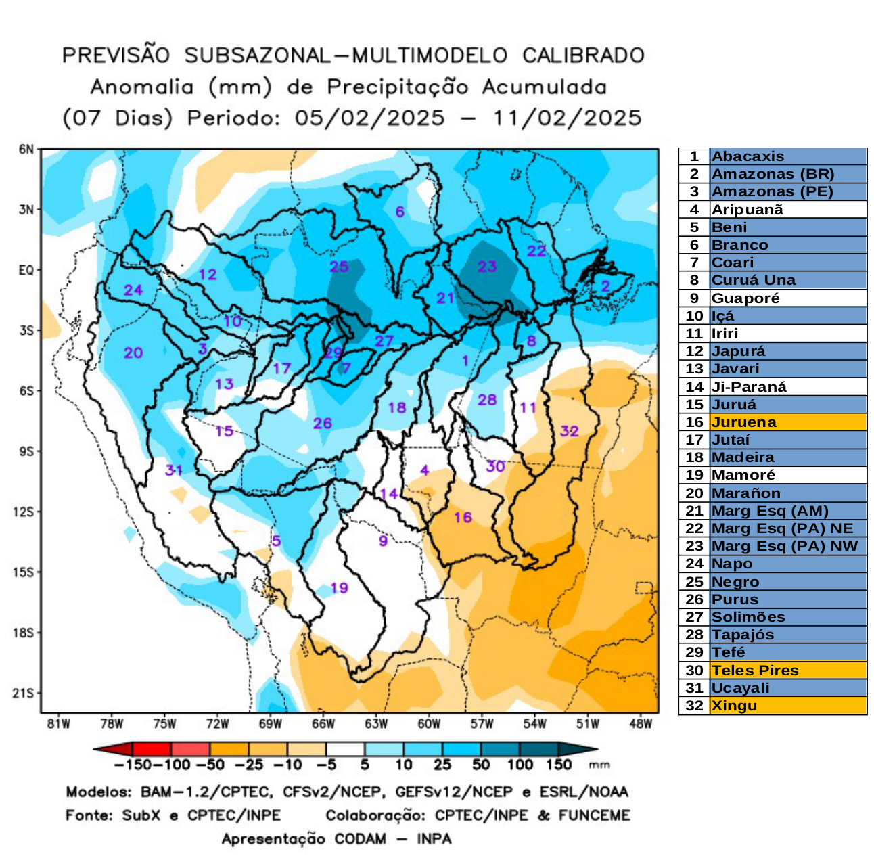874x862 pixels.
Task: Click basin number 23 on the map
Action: (x=487, y=267)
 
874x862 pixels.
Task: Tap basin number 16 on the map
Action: (x=463, y=518)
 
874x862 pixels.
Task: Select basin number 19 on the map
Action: (x=339, y=588)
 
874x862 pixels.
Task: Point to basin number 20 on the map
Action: (x=133, y=353)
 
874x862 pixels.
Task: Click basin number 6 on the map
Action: (x=400, y=212)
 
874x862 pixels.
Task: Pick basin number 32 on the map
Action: (x=570, y=431)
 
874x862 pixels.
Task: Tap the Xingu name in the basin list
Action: (x=734, y=706)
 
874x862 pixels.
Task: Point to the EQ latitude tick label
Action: (x=26, y=270)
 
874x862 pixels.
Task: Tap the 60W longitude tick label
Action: (x=429, y=724)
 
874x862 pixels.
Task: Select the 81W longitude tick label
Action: (x=59, y=724)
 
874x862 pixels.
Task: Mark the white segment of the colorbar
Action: (x=345, y=749)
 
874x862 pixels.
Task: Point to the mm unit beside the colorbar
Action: (x=599, y=765)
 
